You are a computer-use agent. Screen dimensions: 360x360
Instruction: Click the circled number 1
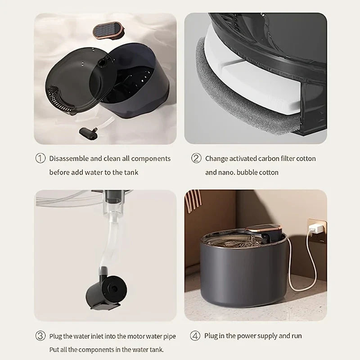pos(40,158)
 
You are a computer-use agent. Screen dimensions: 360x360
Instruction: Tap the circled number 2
pos(196,158)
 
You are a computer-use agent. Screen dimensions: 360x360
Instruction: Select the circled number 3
pos(40,336)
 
